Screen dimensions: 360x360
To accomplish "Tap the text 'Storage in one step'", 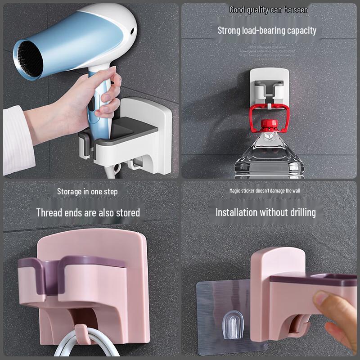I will pos(87,192).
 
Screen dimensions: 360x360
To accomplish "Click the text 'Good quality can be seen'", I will pos(269,9).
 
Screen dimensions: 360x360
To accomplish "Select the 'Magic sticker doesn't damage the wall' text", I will pos(265,191).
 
